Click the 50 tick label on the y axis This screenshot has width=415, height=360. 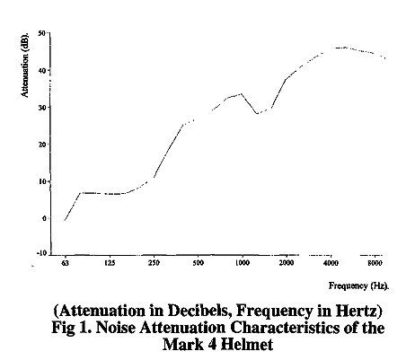click(41, 33)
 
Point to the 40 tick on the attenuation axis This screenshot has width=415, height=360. click(41, 70)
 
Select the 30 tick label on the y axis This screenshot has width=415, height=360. click(41, 107)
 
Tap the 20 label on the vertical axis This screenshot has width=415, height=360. click(41, 145)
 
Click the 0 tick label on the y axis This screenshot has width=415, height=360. click(44, 218)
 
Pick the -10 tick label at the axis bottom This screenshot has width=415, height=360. click(42, 253)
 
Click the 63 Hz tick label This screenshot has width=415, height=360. click(65, 263)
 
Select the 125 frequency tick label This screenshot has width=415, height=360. click(110, 263)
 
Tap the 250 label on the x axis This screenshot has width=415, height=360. click(155, 263)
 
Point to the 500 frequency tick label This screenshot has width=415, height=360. click(198, 263)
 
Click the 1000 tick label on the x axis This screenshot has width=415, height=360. click(243, 263)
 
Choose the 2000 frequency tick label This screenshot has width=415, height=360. click(287, 263)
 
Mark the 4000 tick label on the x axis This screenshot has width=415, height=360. click(331, 263)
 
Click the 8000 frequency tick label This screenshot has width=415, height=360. click(375, 263)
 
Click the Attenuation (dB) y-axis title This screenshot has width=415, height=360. click(25, 64)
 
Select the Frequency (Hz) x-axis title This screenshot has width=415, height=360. click(359, 286)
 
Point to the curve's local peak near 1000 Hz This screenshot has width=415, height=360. click(242, 93)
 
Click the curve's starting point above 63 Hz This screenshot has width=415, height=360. click(65, 220)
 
